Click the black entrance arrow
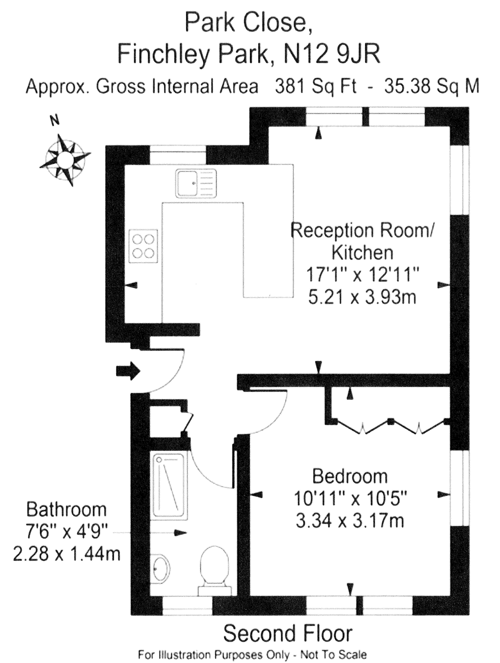128,371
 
